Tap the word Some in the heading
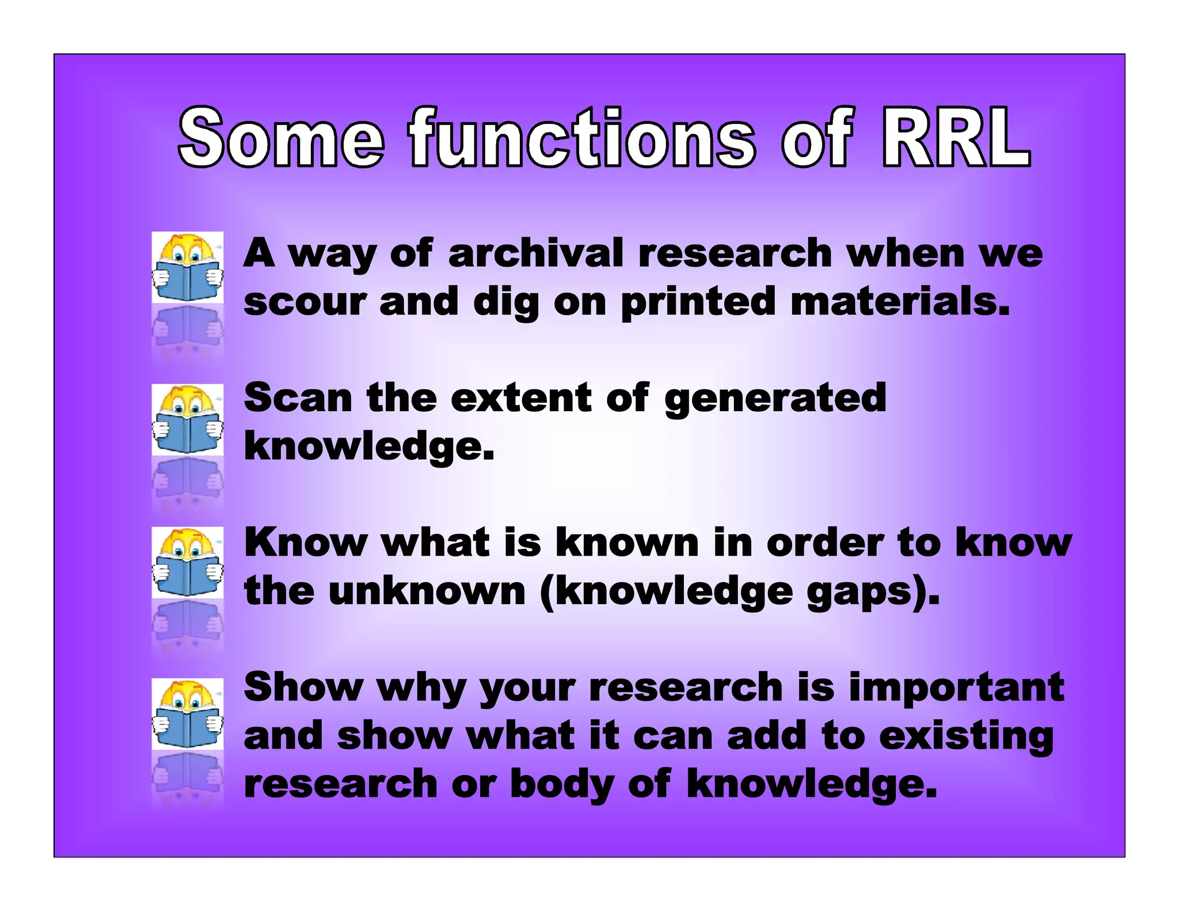point(281,138)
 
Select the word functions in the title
point(581,138)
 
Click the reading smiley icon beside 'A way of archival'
point(188,267)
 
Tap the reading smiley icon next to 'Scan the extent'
point(188,420)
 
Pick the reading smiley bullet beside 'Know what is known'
point(188,563)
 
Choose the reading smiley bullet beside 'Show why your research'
point(188,713)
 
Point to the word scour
point(305,302)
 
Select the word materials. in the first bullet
point(900,302)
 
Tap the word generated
point(775,398)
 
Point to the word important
point(956,688)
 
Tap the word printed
point(698,302)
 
